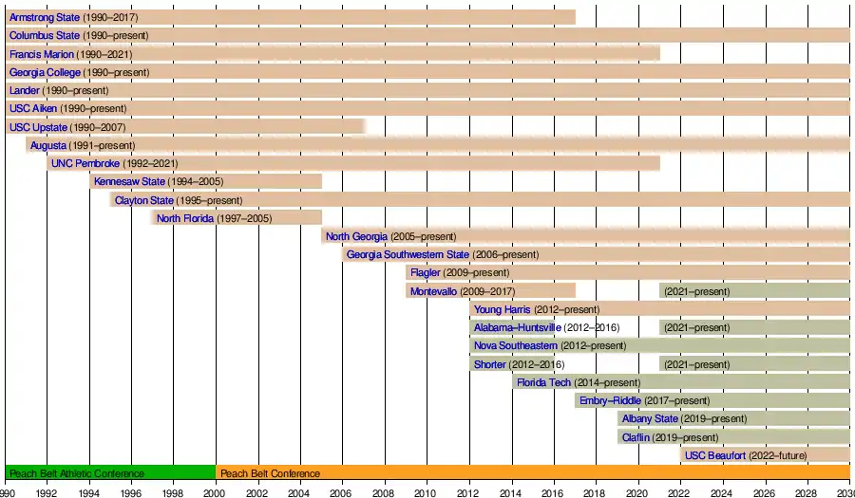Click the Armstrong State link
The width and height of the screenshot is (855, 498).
coord(45,17)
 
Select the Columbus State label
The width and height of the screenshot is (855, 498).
coord(45,35)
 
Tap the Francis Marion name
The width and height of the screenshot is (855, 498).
coord(42,54)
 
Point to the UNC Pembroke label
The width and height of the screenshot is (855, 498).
coord(85,163)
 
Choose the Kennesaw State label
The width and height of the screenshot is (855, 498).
coord(129,181)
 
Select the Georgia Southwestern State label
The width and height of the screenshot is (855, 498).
coord(408,254)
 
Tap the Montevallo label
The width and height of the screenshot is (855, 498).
coord(433,291)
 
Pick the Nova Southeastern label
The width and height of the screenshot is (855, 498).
coord(516,345)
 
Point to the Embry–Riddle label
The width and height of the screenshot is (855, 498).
coord(610,400)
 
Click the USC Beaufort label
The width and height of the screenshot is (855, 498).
coord(713,455)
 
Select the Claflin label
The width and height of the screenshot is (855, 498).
coord(636,437)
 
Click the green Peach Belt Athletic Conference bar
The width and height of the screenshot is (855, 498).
coord(110,472)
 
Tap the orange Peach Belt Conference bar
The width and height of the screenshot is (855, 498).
coord(532,472)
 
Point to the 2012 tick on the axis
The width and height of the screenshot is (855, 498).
coord(468,493)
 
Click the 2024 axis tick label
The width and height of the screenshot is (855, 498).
coord(721,493)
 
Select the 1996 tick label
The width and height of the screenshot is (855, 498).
coord(131,493)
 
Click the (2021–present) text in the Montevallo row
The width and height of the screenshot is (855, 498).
coord(696,291)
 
